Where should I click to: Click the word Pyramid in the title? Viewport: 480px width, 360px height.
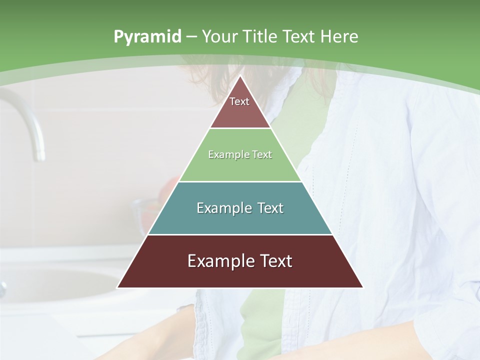147,37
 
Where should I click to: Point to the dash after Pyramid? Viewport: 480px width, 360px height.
191,37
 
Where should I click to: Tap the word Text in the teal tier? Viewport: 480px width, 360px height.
267,208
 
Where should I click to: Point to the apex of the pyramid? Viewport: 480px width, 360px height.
240,76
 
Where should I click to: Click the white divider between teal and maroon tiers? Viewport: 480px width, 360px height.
240,234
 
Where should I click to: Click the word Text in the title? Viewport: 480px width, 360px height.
299,37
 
